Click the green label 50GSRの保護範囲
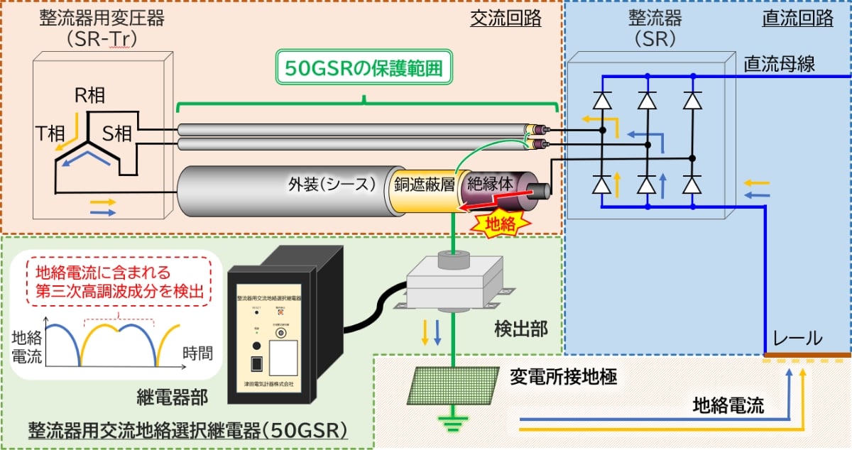point(364,69)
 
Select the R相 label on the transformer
point(90,97)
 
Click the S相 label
point(116,131)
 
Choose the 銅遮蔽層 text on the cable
point(424,185)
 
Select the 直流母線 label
point(779,65)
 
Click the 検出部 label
point(519,329)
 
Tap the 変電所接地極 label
point(563,377)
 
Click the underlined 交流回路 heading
point(506,18)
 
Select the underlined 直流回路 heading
point(797,18)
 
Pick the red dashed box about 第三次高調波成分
point(119,281)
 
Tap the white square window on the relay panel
point(288,358)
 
